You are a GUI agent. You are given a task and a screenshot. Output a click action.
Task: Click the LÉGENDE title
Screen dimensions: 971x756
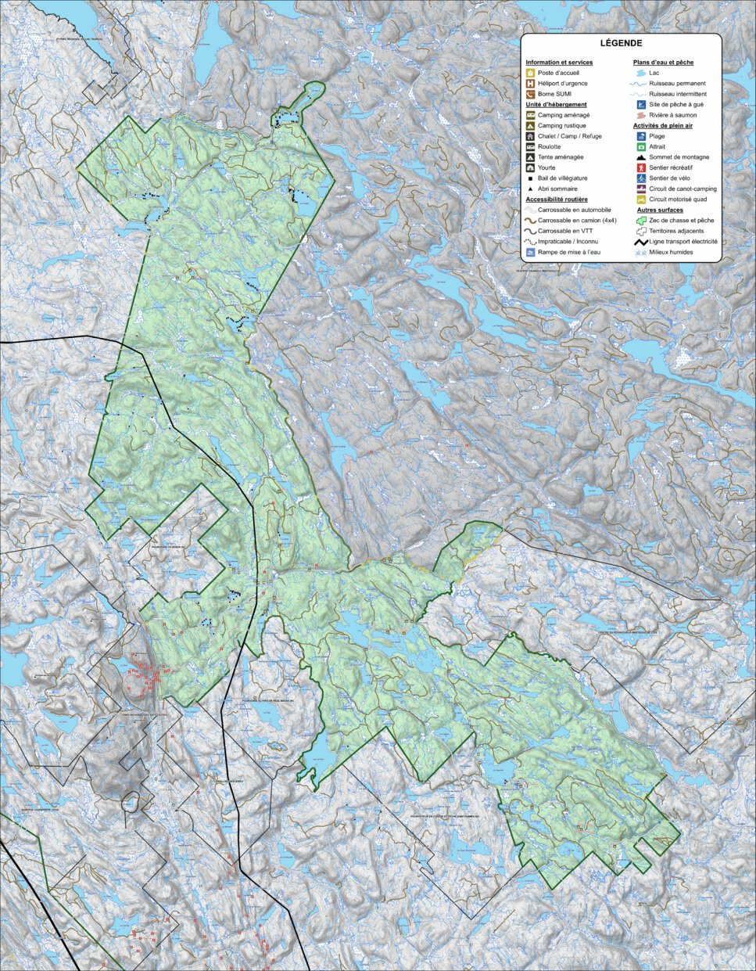pyautogui.click(x=621, y=44)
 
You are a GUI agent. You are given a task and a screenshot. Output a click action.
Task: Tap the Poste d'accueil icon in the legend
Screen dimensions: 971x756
pyautogui.click(x=530, y=73)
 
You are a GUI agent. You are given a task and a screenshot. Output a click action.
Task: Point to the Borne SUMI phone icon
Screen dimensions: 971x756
pyautogui.click(x=530, y=94)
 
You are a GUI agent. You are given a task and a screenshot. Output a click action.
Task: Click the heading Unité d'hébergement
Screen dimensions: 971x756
pyautogui.click(x=556, y=104)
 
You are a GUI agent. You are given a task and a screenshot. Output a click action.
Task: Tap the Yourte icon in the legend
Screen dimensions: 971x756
pyautogui.click(x=530, y=167)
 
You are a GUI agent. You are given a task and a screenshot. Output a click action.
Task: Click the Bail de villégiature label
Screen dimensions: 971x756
pyautogui.click(x=562, y=178)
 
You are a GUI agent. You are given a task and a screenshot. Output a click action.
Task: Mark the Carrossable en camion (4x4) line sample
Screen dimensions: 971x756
pyautogui.click(x=530, y=221)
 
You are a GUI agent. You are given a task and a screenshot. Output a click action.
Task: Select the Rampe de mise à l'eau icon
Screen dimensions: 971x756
pyautogui.click(x=530, y=253)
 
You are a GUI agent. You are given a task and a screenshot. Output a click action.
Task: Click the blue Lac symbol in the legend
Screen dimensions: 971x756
pyautogui.click(x=640, y=73)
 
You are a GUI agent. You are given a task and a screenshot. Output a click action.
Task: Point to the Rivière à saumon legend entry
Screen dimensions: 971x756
pyautogui.click(x=669, y=115)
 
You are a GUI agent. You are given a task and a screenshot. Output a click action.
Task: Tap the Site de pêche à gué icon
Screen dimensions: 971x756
pyautogui.click(x=640, y=104)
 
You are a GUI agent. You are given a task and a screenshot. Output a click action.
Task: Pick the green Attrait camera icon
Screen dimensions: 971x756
pyautogui.click(x=640, y=146)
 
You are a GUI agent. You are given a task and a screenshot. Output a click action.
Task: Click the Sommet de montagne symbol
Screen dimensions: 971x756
pyautogui.click(x=640, y=157)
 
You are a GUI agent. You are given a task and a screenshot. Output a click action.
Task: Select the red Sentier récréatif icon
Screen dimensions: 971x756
pyautogui.click(x=640, y=167)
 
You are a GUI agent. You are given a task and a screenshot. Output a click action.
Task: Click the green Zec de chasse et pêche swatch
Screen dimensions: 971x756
pyautogui.click(x=640, y=221)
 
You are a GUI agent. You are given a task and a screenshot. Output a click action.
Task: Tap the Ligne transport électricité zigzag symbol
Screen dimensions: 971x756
pyautogui.click(x=640, y=242)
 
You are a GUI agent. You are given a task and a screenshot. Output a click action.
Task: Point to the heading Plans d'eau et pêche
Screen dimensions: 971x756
pyautogui.click(x=663, y=62)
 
